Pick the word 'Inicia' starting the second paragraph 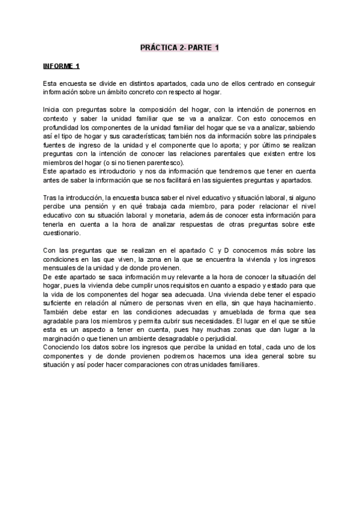pos(52,110)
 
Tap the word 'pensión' pos(100,208)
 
